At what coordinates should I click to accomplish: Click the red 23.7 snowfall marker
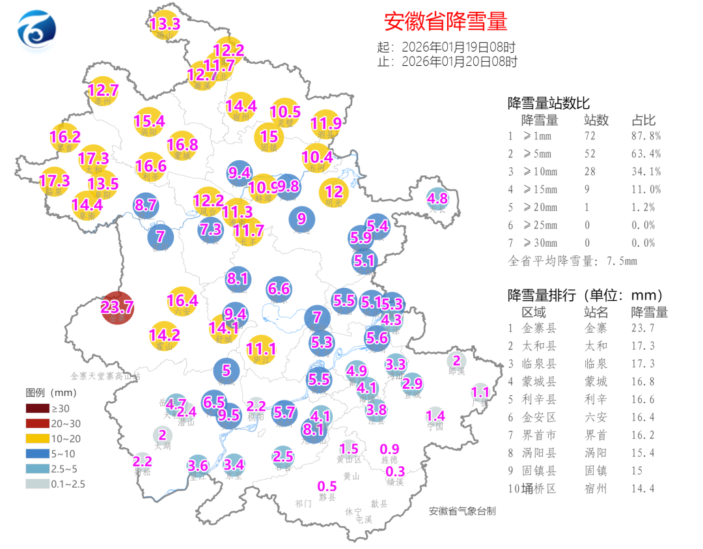(118, 307)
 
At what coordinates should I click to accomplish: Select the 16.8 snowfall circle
(182, 145)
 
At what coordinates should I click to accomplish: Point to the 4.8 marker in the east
(437, 199)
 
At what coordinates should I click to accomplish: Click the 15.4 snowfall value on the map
(149, 121)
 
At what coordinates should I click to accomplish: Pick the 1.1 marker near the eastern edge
(480, 393)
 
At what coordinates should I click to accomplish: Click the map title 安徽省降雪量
(445, 21)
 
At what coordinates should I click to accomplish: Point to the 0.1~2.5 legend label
(69, 484)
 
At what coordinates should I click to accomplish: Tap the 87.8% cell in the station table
(646, 136)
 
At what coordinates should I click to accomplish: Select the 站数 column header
(596, 120)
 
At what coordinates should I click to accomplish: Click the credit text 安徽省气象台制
(462, 511)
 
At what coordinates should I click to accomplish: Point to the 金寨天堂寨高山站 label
(105, 376)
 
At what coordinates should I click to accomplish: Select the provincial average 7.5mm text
(572, 261)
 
